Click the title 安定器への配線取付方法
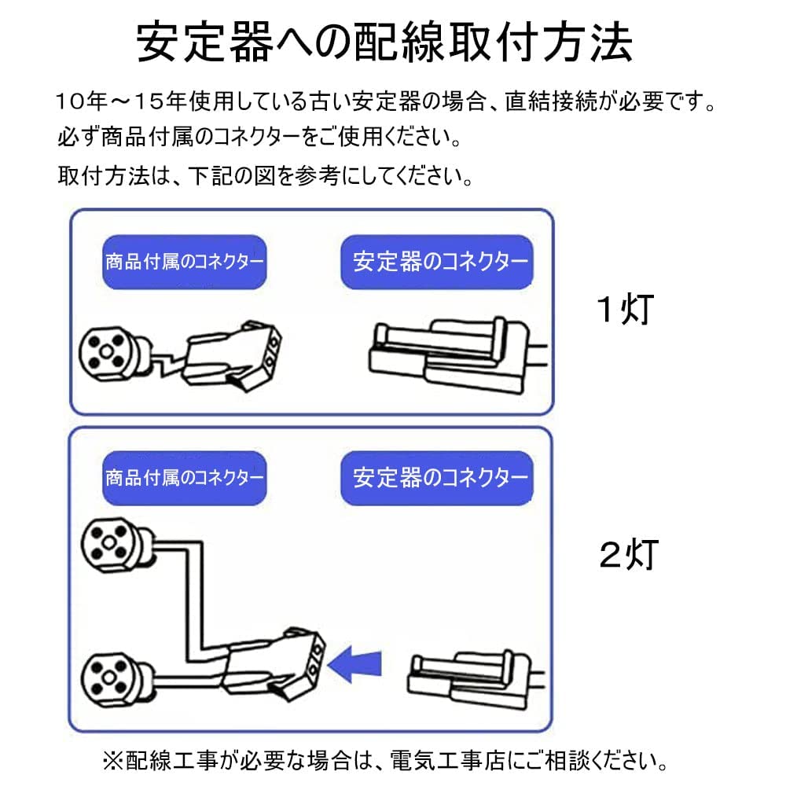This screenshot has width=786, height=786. pos(385,42)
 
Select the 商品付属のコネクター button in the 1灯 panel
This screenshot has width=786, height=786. pos(185,262)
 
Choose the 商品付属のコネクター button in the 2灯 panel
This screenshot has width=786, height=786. pos(185,477)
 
